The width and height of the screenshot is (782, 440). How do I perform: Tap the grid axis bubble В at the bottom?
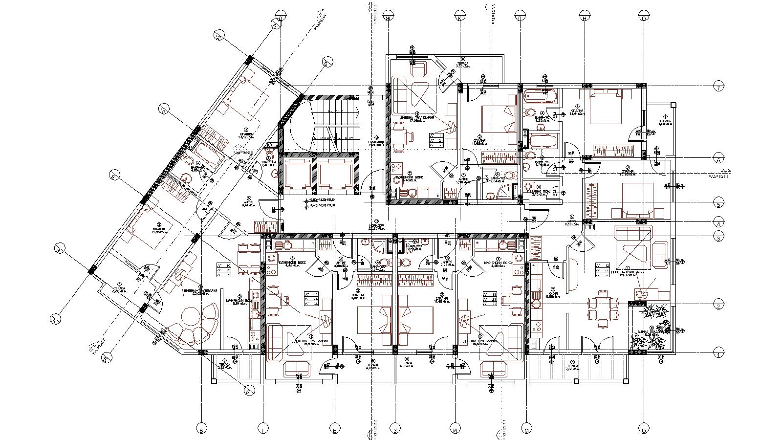(x=201, y=430)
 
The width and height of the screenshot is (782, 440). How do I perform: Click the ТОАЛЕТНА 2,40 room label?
(x=268, y=164)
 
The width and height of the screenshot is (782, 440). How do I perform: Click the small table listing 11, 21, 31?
(x=435, y=140)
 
